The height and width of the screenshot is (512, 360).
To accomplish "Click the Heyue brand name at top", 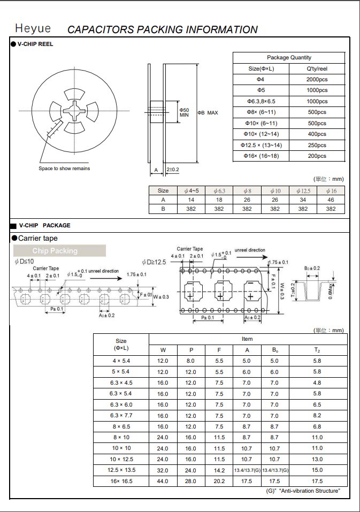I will click(x=33, y=28).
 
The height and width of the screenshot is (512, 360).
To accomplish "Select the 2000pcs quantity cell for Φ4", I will click(x=317, y=79).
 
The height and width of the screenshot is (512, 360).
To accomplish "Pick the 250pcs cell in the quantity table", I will click(x=317, y=146).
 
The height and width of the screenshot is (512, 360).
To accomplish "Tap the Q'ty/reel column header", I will click(x=317, y=68).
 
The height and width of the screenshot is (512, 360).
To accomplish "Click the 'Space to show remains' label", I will click(x=64, y=169).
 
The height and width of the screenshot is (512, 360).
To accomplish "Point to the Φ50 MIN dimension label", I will click(x=184, y=112).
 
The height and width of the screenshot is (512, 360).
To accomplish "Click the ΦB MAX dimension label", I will click(x=208, y=113).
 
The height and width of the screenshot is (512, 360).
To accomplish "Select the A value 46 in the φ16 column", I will click(x=331, y=200).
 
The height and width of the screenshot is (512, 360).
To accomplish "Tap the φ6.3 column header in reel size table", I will click(x=219, y=190).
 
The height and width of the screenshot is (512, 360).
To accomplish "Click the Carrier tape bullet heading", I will click(x=37, y=238).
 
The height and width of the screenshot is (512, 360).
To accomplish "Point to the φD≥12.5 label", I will click(x=154, y=262).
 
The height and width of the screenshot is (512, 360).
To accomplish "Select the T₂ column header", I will click(x=317, y=350).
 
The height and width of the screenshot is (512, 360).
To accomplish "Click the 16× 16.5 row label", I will click(x=121, y=482).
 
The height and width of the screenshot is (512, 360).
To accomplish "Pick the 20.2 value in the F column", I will click(x=219, y=482).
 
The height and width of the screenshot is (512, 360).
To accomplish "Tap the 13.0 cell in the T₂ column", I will click(x=317, y=459).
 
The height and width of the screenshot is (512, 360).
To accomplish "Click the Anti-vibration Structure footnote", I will click(x=303, y=491).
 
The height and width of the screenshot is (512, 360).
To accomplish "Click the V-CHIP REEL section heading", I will click(x=35, y=44).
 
